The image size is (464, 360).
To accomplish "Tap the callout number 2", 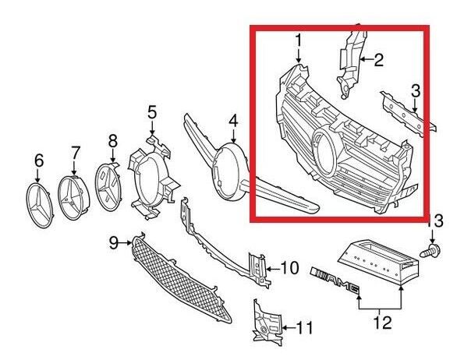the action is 378,60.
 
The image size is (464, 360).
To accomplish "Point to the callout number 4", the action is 233,122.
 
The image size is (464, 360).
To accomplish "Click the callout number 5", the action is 152,112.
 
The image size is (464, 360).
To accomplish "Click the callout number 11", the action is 305,327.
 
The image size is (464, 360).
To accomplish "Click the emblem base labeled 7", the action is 73,197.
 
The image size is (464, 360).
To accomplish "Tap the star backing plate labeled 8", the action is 108,187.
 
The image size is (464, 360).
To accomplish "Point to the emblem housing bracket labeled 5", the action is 153,176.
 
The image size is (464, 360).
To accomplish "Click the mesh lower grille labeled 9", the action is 180,278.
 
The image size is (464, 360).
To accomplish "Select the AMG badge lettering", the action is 335,280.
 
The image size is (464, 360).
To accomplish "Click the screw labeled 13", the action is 430,252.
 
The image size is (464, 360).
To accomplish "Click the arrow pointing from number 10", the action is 273,270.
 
